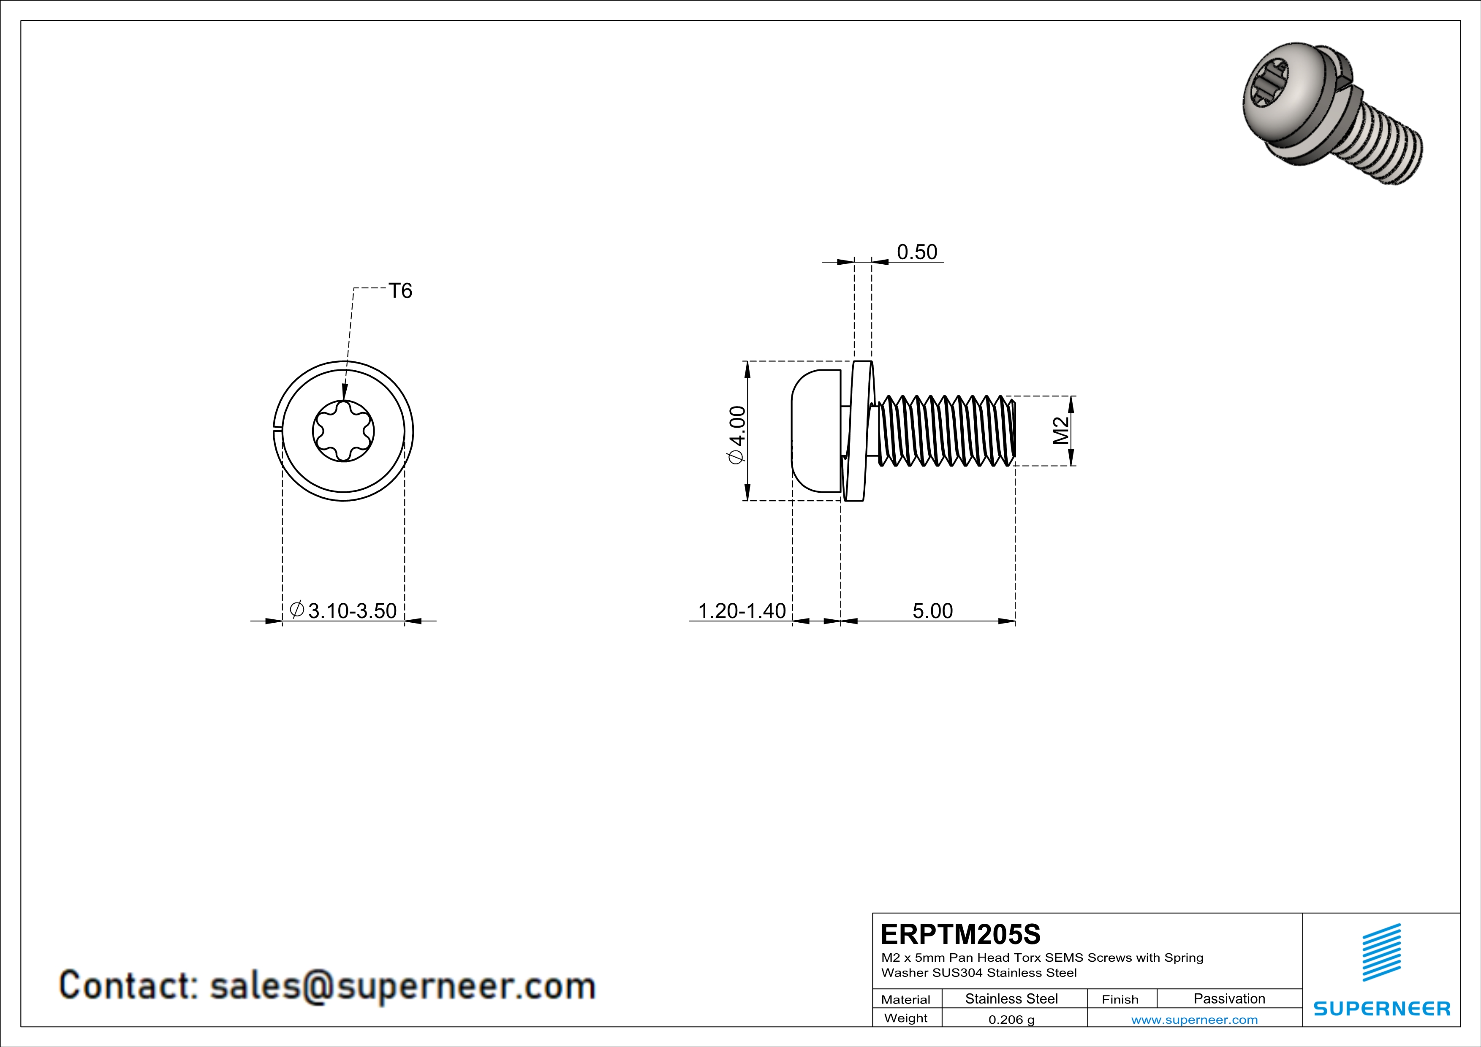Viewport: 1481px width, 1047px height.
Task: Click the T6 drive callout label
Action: coord(400,291)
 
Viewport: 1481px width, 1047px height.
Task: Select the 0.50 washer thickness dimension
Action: coord(916,252)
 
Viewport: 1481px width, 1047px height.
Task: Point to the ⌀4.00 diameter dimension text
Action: coord(736,434)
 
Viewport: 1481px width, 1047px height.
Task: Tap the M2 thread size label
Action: coord(1060,431)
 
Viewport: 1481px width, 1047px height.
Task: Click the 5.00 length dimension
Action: coord(932,610)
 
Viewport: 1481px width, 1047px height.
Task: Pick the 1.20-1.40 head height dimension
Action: coord(742,610)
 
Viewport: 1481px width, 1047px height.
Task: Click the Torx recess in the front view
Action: coord(343,431)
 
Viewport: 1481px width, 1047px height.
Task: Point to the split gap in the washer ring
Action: coord(276,431)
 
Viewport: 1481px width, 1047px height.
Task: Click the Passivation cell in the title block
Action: coord(1229,998)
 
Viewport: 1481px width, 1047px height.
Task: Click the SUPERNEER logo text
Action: coord(1382,1008)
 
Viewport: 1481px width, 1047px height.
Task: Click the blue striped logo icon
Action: coord(1382,952)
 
